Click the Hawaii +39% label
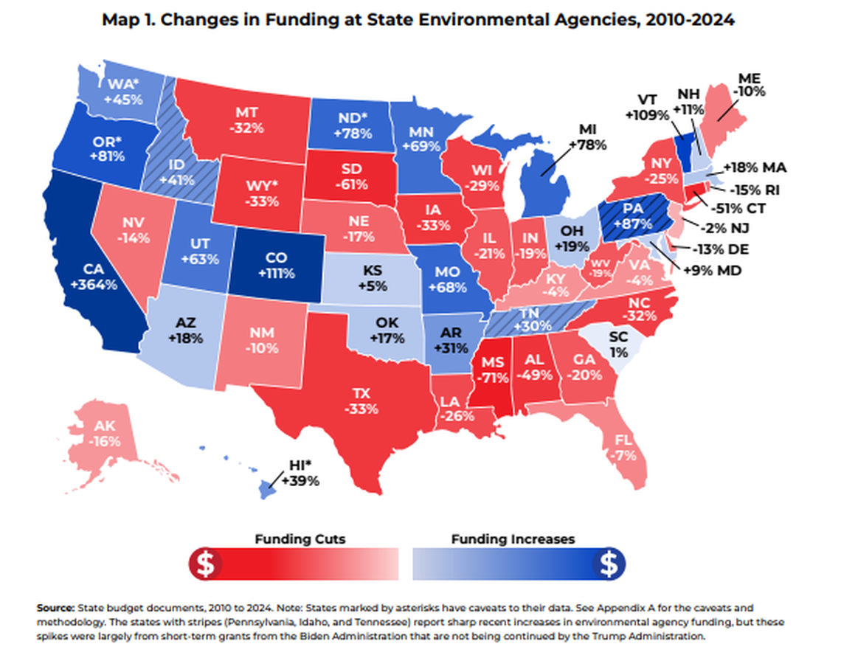pyautogui.click(x=302, y=474)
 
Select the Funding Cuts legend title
pyautogui.click(x=300, y=539)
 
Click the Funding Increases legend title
pyautogui.click(x=513, y=539)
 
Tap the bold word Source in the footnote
pyautogui.click(x=55, y=609)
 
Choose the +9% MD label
pyautogui.click(x=712, y=271)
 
